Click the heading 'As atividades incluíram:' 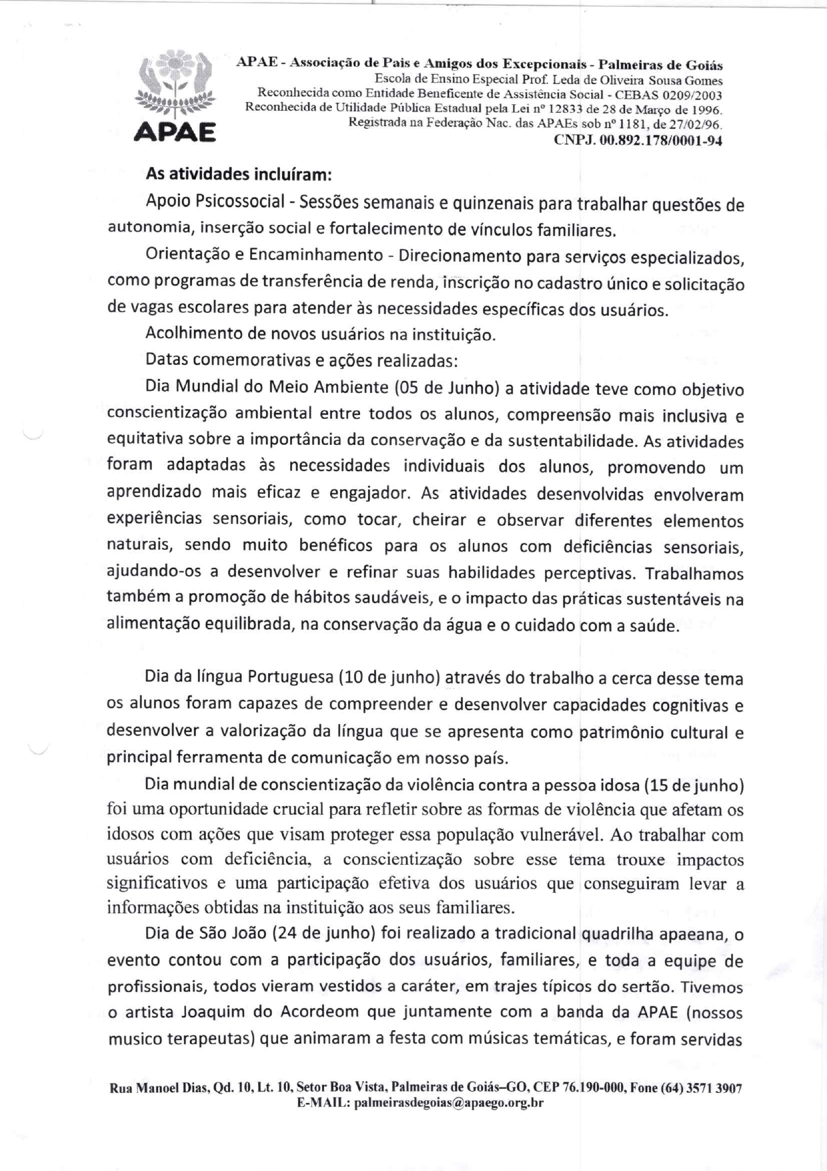[239, 175]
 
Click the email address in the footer [449, 1102]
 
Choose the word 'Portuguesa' [290, 677]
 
